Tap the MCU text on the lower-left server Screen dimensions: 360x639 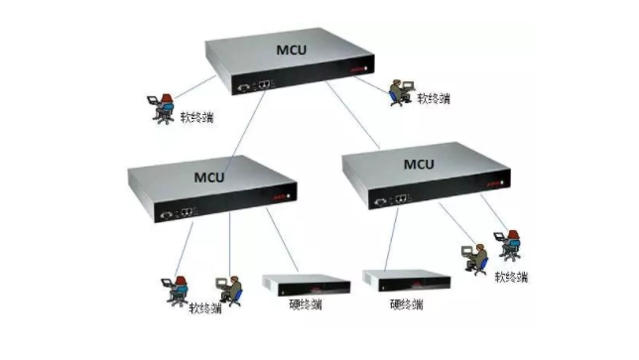209,179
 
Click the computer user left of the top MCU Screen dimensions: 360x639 160,104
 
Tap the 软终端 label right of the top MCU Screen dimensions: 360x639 436,99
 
